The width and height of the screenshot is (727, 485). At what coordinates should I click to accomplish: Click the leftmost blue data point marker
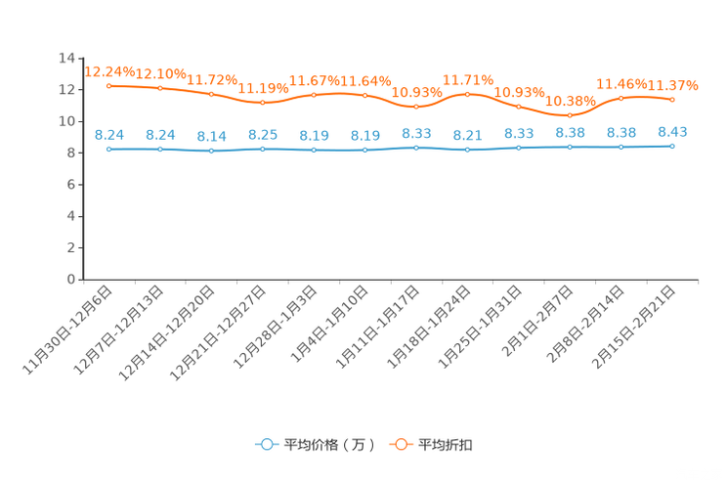(x=109, y=150)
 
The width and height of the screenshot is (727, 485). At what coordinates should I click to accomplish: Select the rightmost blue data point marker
(x=672, y=147)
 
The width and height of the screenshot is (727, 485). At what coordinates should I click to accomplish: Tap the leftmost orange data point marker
(x=109, y=86)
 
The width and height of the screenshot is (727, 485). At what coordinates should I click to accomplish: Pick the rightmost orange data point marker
(x=672, y=99)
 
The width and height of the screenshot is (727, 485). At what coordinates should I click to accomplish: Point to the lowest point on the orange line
(x=570, y=114)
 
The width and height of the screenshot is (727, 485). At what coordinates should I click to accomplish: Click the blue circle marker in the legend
(x=267, y=444)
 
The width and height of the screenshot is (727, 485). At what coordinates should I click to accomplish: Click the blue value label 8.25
(x=262, y=135)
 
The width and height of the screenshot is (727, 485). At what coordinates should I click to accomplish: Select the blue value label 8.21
(x=468, y=137)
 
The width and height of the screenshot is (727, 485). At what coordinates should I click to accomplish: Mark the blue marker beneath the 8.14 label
(x=211, y=151)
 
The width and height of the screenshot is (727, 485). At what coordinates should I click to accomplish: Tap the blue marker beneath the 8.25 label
(x=262, y=149)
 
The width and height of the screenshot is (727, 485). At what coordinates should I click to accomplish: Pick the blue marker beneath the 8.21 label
(x=468, y=150)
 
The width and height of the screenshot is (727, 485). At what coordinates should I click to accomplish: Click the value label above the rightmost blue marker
(x=672, y=132)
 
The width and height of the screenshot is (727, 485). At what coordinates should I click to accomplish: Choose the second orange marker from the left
(x=160, y=89)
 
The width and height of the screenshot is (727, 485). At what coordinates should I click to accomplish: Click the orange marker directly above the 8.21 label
(x=468, y=94)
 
